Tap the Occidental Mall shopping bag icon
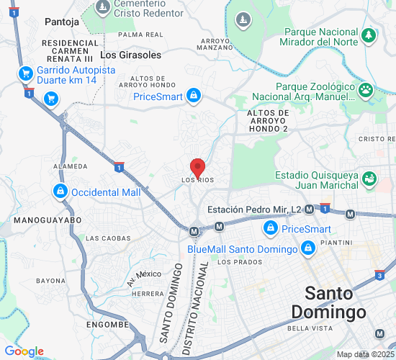(60, 192)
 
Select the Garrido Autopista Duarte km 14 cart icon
(26, 73)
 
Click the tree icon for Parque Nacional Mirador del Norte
(369, 35)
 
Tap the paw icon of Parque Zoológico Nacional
(366, 90)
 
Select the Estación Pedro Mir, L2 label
(253, 210)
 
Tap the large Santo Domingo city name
(329, 303)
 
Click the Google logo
(24, 351)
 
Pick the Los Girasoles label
(130, 54)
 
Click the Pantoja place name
(61, 22)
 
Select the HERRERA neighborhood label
(148, 294)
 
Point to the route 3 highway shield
(380, 274)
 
